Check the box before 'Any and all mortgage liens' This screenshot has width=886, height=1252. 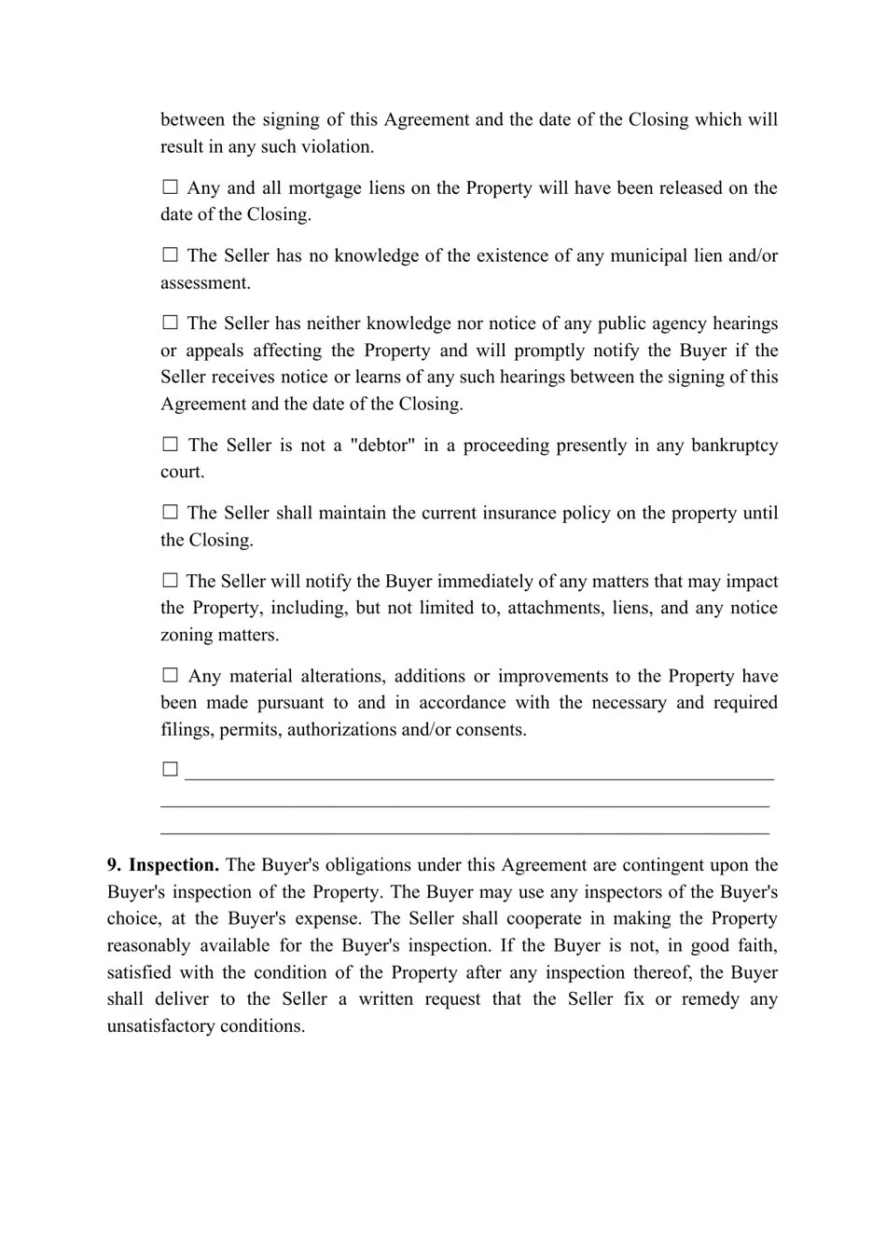(x=170, y=187)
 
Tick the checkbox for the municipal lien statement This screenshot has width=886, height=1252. (x=170, y=255)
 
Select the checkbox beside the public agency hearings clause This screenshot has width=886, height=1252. (x=170, y=323)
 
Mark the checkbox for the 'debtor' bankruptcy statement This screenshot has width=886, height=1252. (x=170, y=445)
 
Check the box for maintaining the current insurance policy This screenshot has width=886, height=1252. (x=170, y=513)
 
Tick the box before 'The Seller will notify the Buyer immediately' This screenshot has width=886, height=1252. (x=170, y=581)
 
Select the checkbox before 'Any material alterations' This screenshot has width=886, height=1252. (x=170, y=676)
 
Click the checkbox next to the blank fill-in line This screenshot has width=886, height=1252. (x=170, y=769)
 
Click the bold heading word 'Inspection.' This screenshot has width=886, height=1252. (x=173, y=865)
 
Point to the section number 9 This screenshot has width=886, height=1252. (x=114, y=865)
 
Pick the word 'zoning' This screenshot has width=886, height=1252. (x=186, y=635)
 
